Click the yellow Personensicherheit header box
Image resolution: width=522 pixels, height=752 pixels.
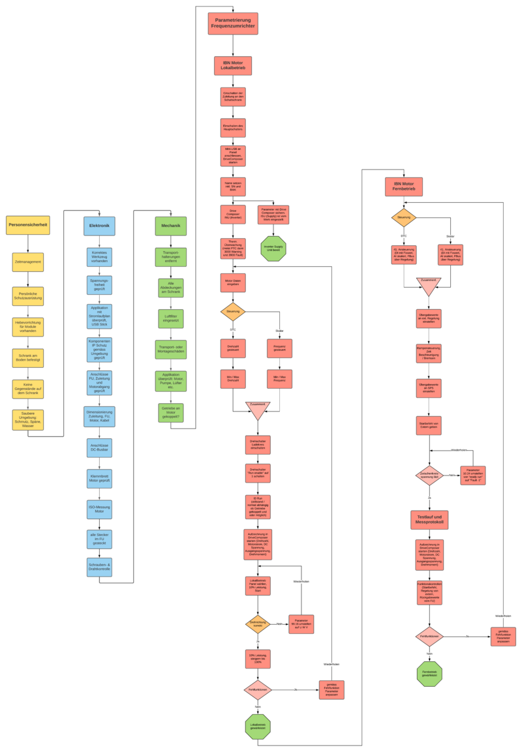(x=28, y=225)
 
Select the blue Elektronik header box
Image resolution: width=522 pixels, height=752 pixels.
(x=99, y=226)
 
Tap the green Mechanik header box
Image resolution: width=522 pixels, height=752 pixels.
(x=170, y=226)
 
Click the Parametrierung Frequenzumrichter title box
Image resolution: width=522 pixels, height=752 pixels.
(x=233, y=23)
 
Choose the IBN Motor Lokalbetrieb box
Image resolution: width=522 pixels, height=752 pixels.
(x=233, y=66)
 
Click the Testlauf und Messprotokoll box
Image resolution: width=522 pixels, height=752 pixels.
(x=429, y=519)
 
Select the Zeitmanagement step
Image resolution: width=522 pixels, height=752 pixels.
(x=28, y=262)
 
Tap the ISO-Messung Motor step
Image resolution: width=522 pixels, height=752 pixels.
(x=99, y=509)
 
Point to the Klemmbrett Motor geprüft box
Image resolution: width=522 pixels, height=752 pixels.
(x=99, y=478)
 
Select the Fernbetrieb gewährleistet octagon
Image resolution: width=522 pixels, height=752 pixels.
(x=429, y=674)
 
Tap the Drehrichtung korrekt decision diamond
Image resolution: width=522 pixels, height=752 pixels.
(x=257, y=624)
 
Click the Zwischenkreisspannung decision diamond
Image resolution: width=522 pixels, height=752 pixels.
(x=429, y=475)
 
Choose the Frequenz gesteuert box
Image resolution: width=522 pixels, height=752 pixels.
(x=280, y=348)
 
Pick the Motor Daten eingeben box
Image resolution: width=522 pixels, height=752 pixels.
(x=233, y=282)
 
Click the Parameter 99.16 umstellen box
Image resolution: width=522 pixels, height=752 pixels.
(x=301, y=624)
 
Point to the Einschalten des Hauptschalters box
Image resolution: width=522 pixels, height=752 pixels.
(x=233, y=127)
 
